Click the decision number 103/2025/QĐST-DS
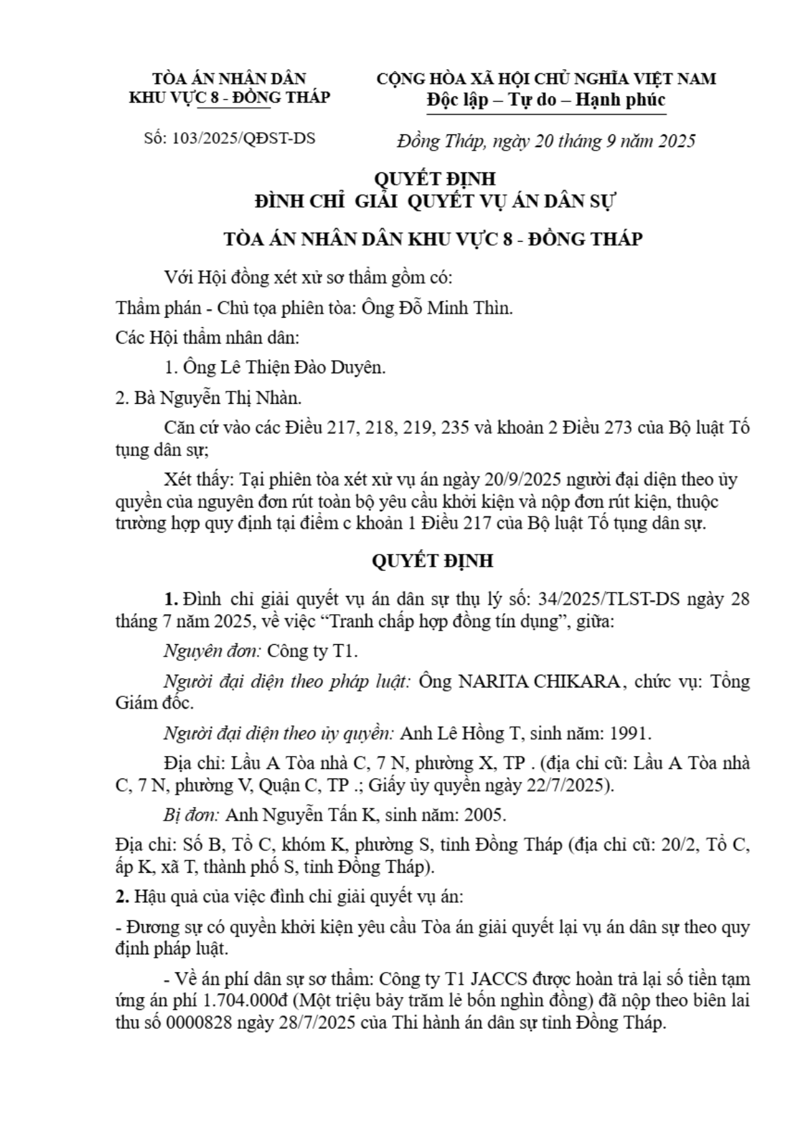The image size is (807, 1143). pos(244,139)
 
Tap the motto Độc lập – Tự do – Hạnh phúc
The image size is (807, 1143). pos(546,100)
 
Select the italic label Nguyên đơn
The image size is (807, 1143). pos(212,652)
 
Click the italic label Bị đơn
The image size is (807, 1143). pos(191,814)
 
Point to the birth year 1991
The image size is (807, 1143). pos(630,734)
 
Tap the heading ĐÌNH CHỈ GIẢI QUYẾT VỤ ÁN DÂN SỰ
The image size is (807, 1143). pos(435,201)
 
